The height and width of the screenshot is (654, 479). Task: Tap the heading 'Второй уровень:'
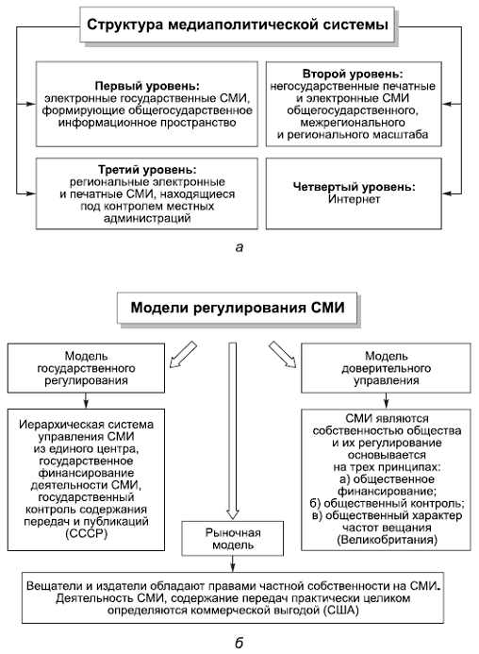[x=361, y=74]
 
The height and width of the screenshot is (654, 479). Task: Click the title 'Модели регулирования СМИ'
[x=239, y=308]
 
